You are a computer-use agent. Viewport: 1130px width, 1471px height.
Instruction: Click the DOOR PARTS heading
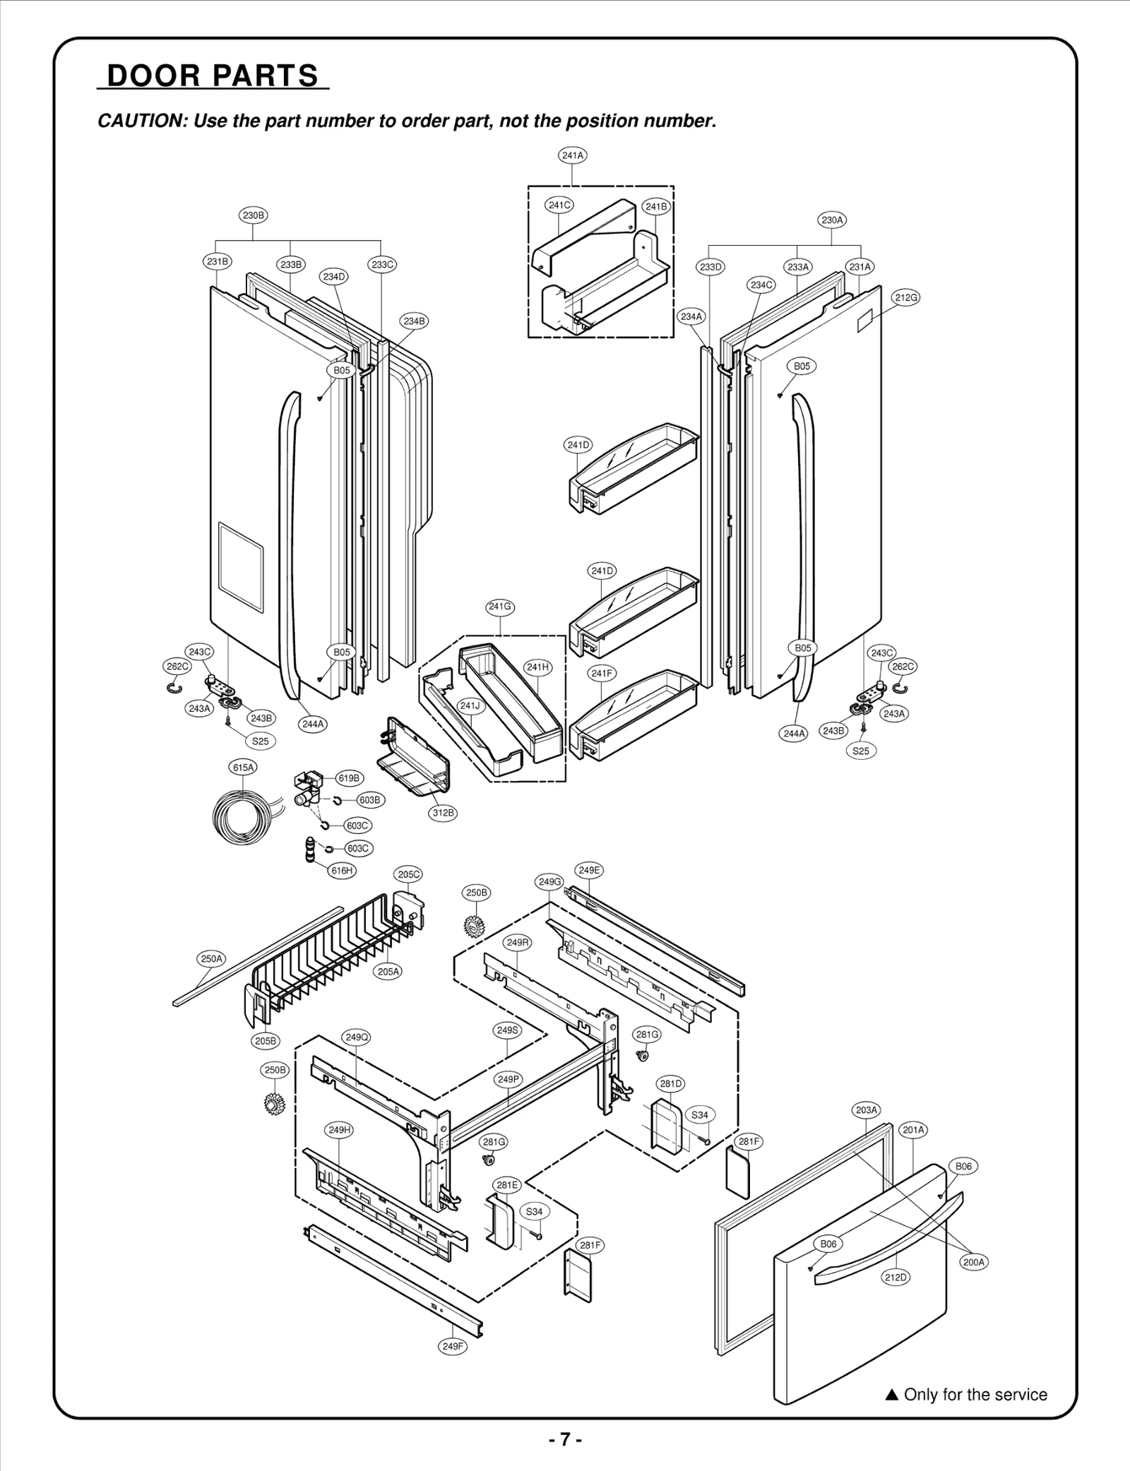coord(213,76)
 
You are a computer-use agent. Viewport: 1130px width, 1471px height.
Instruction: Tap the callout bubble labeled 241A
coord(572,155)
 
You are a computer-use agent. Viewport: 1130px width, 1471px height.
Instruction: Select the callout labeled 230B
coord(253,215)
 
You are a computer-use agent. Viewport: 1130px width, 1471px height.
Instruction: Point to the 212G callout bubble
coord(906,297)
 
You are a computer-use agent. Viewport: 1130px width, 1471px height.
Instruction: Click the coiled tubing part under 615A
coord(241,816)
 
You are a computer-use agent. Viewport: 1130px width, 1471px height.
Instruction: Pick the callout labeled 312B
coord(443,813)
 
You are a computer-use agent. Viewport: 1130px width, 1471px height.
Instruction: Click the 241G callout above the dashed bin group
coord(500,607)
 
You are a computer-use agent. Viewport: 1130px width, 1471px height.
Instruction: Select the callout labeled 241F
coord(602,674)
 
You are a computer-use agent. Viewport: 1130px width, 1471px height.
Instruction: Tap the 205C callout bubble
coord(409,874)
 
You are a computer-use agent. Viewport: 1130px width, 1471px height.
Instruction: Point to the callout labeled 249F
coord(453,1346)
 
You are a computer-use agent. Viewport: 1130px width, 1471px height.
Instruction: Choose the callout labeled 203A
coord(867,1110)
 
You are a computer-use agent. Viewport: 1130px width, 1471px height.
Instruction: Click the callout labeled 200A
coord(973,1262)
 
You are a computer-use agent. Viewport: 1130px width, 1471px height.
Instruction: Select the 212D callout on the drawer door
coord(896,1277)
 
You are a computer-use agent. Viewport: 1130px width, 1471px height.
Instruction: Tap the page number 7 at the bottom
coord(565,1440)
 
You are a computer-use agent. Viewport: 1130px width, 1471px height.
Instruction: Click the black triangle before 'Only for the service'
coord(891,1395)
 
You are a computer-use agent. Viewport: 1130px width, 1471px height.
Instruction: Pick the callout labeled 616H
coord(342,871)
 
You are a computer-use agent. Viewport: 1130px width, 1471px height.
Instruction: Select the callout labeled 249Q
coord(356,1037)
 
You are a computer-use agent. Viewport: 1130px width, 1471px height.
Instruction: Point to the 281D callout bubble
coord(671,1083)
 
